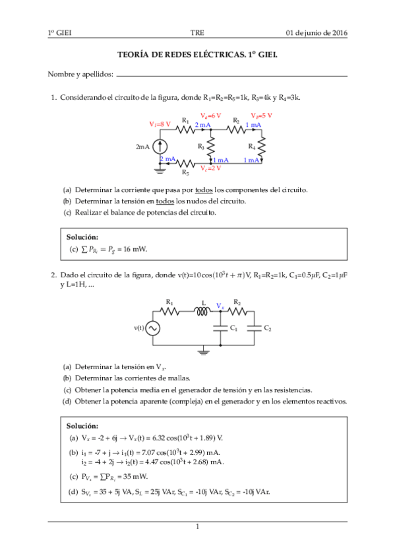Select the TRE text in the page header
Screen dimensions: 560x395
(x=197, y=32)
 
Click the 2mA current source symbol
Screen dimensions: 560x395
(x=162, y=146)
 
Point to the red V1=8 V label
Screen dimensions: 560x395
(x=160, y=123)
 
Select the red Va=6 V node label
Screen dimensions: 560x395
(x=211, y=116)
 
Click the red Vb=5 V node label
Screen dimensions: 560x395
(x=262, y=116)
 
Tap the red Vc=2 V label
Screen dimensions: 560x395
(x=212, y=168)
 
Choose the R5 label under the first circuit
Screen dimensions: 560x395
(x=185, y=172)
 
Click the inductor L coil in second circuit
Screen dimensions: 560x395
(x=202, y=312)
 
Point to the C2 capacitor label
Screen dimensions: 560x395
(x=267, y=328)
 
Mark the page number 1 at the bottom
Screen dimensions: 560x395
(x=197, y=526)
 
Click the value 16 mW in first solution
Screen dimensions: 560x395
(x=135, y=250)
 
